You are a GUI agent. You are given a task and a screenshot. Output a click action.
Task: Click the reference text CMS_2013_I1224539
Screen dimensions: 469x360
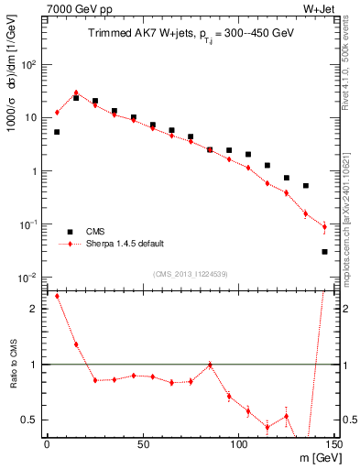point(189,273)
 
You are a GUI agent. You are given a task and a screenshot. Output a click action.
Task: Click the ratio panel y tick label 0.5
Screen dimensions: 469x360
point(29,420)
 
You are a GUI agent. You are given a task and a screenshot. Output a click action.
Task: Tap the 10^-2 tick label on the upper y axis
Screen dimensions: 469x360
point(27,278)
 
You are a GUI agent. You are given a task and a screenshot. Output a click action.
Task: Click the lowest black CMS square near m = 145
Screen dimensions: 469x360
point(325,251)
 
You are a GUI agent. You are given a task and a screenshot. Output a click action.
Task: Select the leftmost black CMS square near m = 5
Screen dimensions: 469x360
point(57,132)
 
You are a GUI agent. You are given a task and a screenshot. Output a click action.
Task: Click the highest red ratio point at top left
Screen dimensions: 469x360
point(57,296)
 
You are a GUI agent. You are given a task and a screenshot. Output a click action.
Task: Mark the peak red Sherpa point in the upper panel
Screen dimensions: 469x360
point(76,93)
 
